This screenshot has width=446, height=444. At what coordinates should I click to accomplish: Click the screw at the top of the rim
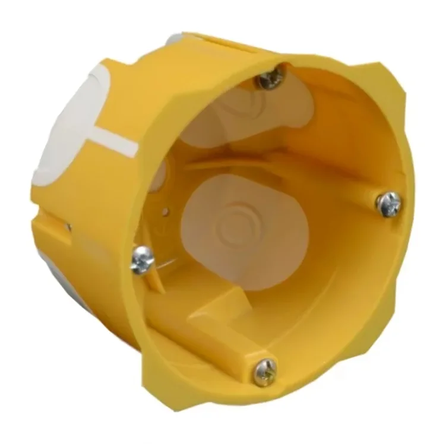coord(270,78)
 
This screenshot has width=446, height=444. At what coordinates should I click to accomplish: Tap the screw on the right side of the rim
coord(389,204)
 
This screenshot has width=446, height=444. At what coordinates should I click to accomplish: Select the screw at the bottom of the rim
coord(264,372)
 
